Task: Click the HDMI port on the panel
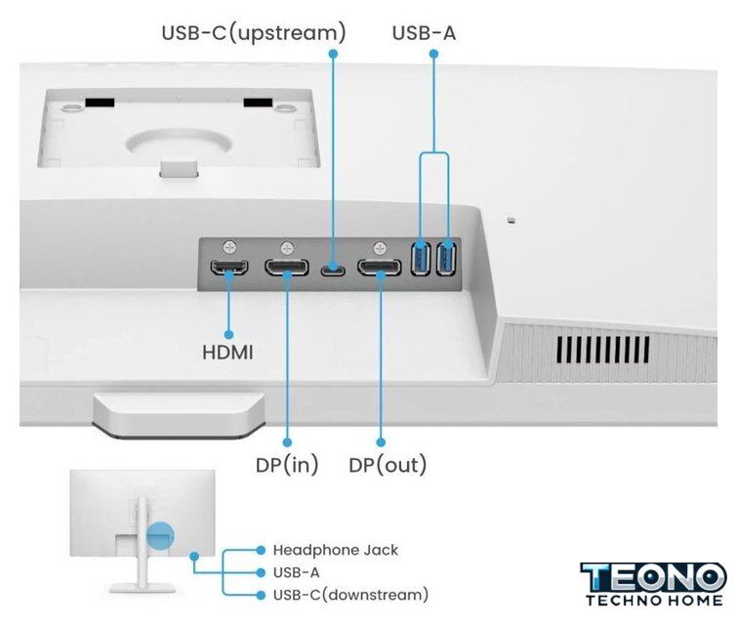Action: [x=230, y=268]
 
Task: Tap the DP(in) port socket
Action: [x=288, y=268]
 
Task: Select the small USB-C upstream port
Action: [x=334, y=269]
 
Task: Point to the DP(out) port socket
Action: [x=379, y=268]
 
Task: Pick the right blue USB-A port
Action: [x=447, y=258]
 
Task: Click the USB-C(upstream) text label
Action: [x=254, y=33]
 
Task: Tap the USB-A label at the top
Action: [x=424, y=33]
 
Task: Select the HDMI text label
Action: [x=227, y=352]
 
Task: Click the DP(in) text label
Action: [x=287, y=465]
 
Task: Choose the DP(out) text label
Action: [x=388, y=465]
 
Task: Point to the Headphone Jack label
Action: [x=335, y=551]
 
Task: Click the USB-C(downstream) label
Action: [x=350, y=595]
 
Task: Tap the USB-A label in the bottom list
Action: [x=296, y=573]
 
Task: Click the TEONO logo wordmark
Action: [x=653, y=576]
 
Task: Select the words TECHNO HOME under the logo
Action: [x=653, y=600]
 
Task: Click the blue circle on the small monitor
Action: [x=159, y=535]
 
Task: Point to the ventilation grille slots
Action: [x=603, y=349]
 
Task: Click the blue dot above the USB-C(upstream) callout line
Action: [x=333, y=55]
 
